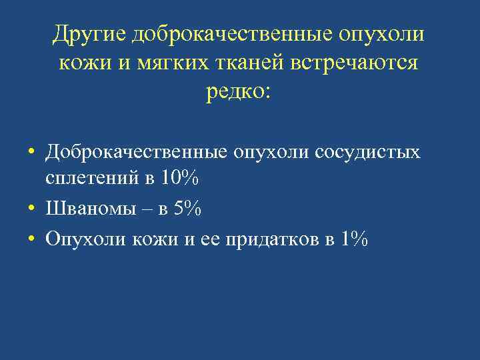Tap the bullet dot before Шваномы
tap(31, 209)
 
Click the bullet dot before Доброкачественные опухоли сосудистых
tap(31, 153)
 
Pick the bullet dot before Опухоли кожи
tap(31, 239)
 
